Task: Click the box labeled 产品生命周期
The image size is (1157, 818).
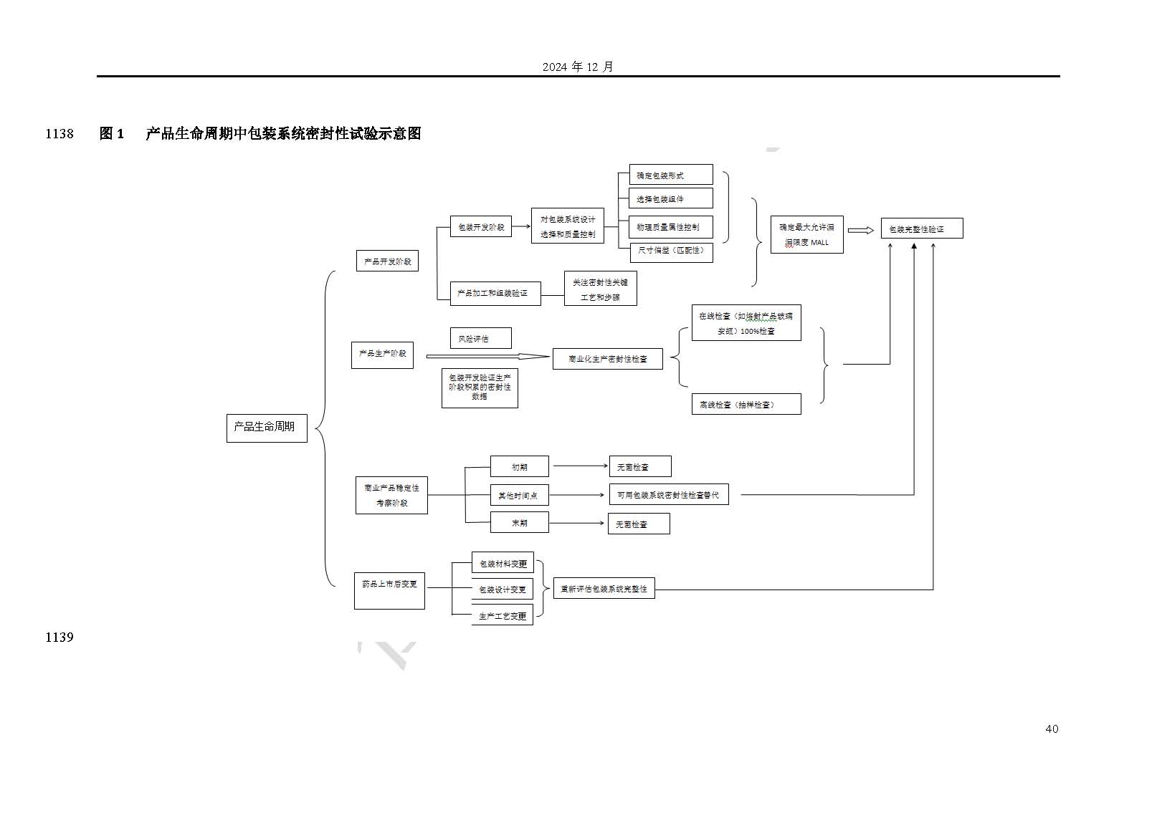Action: click(266, 428)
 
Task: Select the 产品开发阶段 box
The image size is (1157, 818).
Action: click(387, 261)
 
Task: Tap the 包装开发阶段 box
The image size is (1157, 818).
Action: click(480, 227)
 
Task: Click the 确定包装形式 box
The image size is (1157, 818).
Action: click(670, 175)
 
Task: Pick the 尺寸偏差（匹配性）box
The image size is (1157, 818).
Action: click(670, 251)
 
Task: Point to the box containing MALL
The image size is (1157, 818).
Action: click(806, 234)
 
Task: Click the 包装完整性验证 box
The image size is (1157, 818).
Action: click(921, 228)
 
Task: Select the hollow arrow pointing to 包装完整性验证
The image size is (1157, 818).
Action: click(861, 231)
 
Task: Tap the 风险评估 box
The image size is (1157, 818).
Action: click(480, 338)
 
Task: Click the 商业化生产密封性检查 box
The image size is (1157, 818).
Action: click(607, 358)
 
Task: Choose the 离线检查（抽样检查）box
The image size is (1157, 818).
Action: click(746, 404)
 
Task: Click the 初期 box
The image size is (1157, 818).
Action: click(519, 466)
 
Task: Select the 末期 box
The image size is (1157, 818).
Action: click(519, 522)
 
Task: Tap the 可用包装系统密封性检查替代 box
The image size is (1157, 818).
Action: click(668, 495)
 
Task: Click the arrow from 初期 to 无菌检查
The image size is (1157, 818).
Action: click(580, 466)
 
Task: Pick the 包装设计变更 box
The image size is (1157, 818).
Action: click(502, 589)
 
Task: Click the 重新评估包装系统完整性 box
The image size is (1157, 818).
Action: click(604, 589)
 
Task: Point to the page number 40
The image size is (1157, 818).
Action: click(1052, 729)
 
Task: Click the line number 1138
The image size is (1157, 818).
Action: click(59, 134)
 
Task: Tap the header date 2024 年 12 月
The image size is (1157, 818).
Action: click(578, 67)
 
